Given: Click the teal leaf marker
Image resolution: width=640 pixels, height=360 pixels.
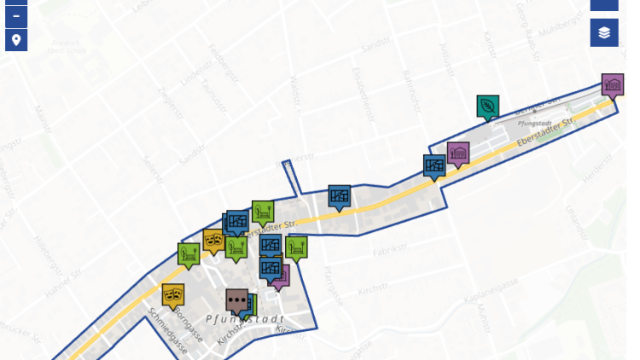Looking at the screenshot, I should pos(487,106).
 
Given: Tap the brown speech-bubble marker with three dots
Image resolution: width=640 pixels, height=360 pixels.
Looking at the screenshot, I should pos(237,300).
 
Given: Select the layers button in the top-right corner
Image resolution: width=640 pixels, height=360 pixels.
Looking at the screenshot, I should pos(604,32).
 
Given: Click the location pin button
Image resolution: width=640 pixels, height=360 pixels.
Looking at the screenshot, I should pos(16,40).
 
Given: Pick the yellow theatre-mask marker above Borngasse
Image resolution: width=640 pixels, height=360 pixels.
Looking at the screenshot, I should pos(173,295).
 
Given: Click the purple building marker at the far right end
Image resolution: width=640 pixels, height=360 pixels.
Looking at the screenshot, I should pos(612,84).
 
